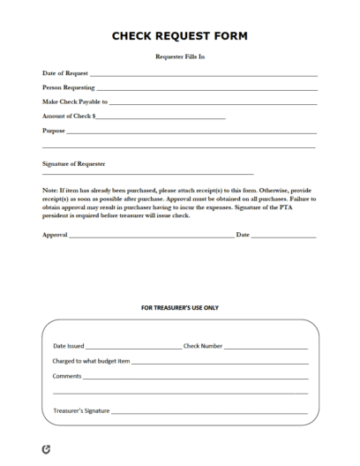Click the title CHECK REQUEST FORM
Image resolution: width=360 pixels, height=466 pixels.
(180, 36)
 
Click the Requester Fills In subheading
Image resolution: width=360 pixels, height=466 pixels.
(180, 56)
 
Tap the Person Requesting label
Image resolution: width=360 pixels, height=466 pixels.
(68, 87)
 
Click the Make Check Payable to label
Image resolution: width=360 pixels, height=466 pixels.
(74, 101)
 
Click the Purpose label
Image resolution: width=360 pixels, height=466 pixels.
(54, 130)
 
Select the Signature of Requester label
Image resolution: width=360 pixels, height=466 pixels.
(74, 163)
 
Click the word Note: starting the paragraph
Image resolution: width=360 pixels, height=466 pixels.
(51, 190)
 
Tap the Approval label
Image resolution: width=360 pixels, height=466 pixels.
(55, 235)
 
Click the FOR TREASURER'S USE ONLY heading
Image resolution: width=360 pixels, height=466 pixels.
(180, 308)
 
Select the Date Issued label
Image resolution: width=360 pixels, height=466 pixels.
(69, 347)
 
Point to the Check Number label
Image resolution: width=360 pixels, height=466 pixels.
(203, 347)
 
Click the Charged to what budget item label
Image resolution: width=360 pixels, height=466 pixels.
(91, 362)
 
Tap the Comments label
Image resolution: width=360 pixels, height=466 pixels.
(67, 377)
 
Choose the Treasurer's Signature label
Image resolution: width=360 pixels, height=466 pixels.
(81, 410)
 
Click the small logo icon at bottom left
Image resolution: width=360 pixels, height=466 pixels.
(46, 449)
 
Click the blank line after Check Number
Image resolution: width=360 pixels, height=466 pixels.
(266, 349)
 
